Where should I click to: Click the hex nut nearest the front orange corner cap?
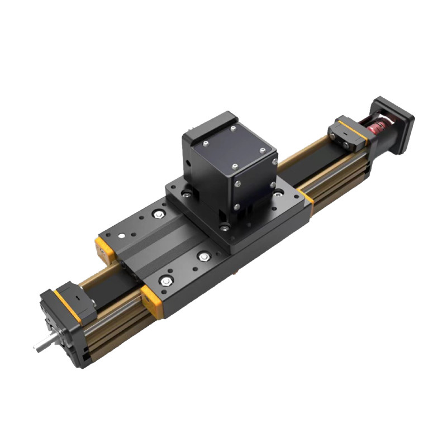[165, 281]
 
